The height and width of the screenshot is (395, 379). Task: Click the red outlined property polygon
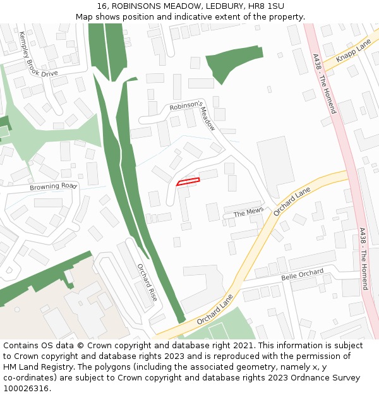click(188, 181)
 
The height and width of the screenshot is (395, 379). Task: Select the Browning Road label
click(53, 187)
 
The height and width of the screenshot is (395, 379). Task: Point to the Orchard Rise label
click(147, 281)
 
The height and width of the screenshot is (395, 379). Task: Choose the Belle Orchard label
click(302, 276)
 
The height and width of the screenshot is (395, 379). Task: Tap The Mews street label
click(248, 213)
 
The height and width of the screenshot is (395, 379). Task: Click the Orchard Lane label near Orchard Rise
click(215, 310)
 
